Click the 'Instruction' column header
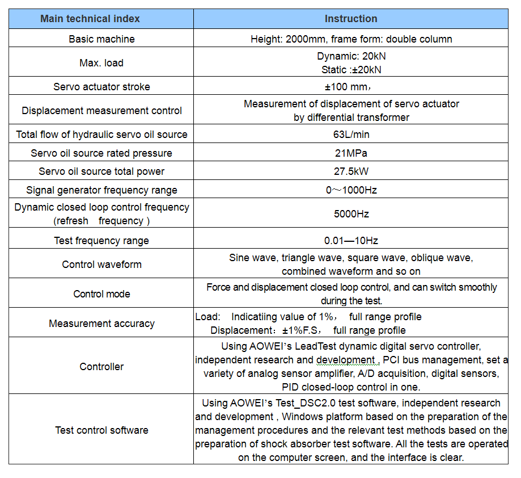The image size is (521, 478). tap(350, 19)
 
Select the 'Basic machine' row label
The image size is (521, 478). tap(101, 39)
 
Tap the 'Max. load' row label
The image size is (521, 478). tap(101, 63)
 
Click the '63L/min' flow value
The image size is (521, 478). tap(351, 135)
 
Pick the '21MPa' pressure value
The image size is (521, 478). tap(351, 153)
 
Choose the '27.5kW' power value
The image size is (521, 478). tap(351, 171)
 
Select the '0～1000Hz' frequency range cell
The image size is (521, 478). tap(351, 190)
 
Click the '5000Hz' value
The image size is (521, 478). tap(351, 214)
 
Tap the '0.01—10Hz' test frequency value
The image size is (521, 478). tap(351, 241)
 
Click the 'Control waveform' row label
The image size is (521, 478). tap(101, 265)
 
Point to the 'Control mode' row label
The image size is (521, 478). tap(101, 294)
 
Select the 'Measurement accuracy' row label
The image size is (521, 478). tap(101, 324)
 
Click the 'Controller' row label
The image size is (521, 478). tap(101, 367)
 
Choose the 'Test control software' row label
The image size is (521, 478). tap(101, 430)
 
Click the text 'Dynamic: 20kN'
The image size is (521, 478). tap(351, 56)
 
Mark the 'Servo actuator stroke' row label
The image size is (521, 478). tap(101, 87)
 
